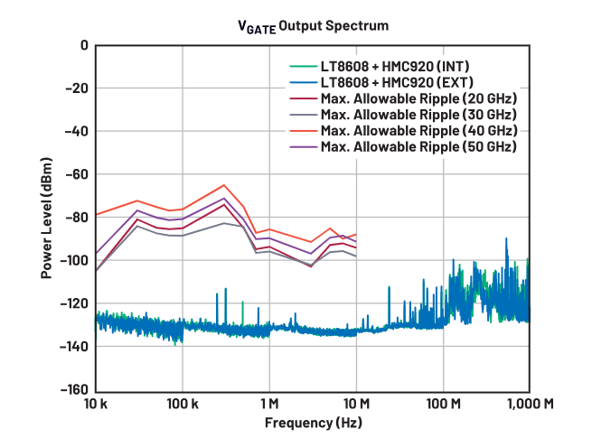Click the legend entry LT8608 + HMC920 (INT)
point(395,66)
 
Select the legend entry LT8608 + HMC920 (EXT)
point(396,82)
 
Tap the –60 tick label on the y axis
point(77,174)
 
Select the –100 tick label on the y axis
point(73,260)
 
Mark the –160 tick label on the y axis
point(73,390)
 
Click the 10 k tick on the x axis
point(96,403)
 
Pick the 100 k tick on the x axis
point(183,403)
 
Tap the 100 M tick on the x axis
point(443,403)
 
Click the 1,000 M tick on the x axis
point(529,403)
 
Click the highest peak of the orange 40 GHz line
point(224,184)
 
